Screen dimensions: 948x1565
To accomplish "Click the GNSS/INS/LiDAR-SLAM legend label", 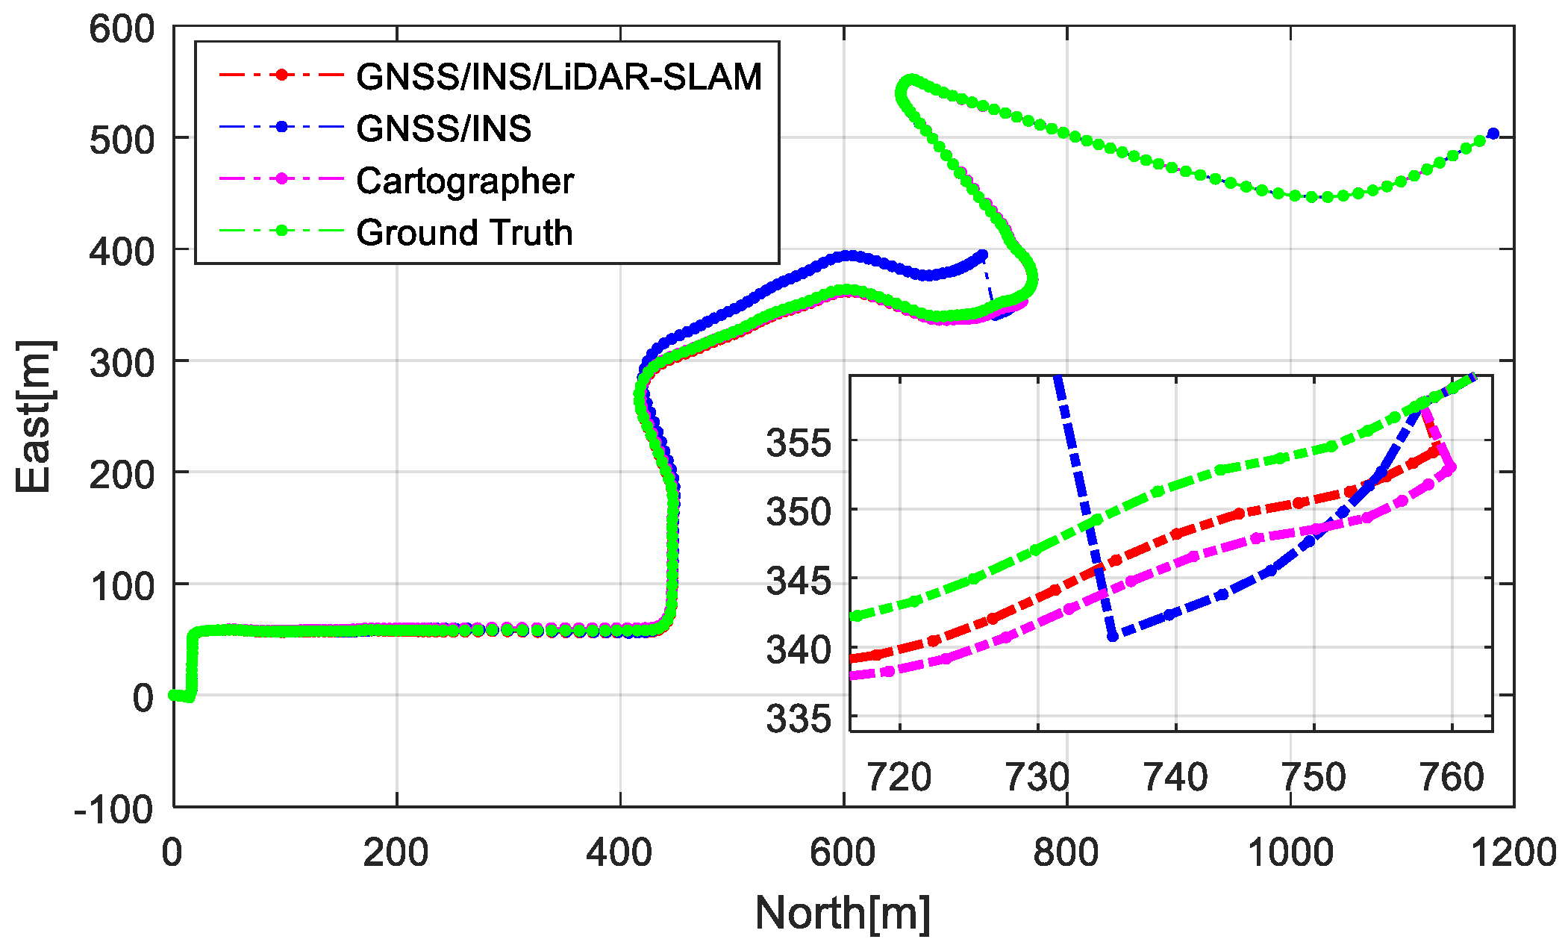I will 558,76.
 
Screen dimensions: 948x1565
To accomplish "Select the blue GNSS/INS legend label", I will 443,128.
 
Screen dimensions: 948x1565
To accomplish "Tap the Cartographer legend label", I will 464,181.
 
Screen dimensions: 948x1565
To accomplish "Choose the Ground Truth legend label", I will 463,232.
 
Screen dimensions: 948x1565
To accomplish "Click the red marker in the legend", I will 281,75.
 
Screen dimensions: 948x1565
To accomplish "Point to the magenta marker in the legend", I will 281,179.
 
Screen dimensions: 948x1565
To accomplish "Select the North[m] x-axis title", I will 843,913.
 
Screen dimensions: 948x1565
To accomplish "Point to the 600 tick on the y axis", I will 122,30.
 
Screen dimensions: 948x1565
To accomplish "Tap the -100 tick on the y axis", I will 113,809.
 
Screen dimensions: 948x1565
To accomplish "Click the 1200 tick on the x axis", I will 1513,852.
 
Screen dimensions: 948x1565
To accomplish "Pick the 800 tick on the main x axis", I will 1066,852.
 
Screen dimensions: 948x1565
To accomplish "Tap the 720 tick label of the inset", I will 899,777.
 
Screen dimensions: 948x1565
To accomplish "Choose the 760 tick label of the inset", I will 1452,777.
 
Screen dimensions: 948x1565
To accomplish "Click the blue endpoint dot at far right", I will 1493,134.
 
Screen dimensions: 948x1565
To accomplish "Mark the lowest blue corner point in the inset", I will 1113,637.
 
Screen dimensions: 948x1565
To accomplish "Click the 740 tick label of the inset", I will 1175,777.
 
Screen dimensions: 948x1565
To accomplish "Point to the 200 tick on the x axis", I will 396,852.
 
